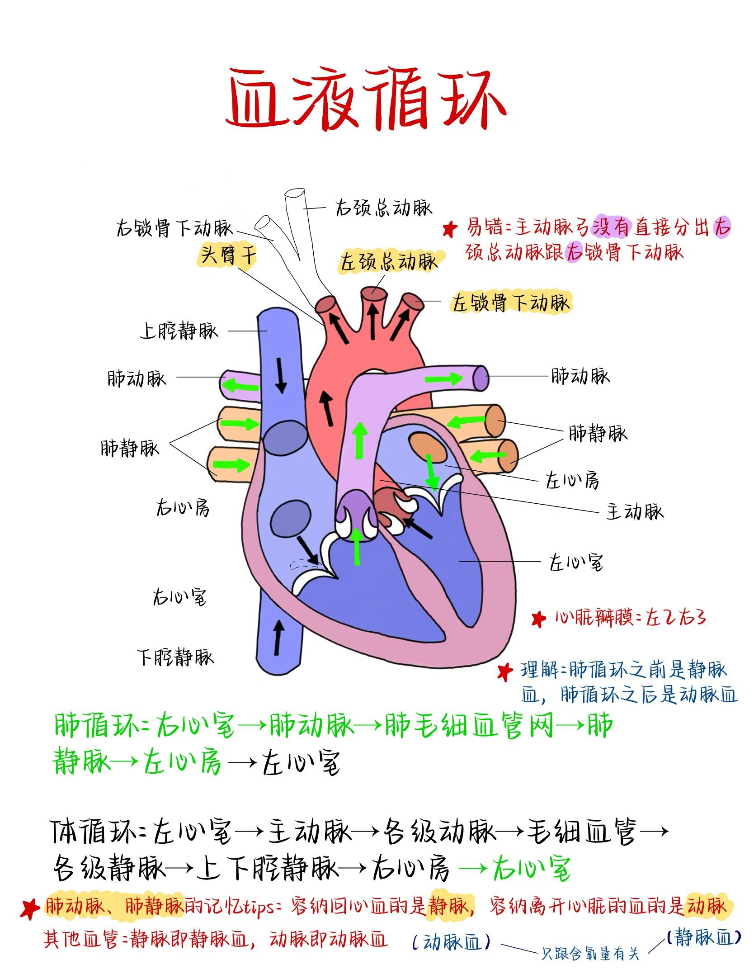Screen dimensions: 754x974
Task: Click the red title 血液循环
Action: pyautogui.click(x=365, y=98)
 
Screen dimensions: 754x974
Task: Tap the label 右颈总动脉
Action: pyautogui.click(x=384, y=208)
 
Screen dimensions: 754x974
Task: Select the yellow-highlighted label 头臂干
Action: pyautogui.click(x=228, y=255)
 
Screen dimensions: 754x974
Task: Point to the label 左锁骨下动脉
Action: pyautogui.click(x=511, y=302)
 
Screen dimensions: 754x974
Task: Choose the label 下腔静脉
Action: pyautogui.click(x=175, y=656)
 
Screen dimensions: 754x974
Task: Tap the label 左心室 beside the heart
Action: pyautogui.click(x=576, y=563)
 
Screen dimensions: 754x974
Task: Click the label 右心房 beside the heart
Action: pyautogui.click(x=183, y=508)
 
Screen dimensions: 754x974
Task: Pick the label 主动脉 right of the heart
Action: pyautogui.click(x=635, y=511)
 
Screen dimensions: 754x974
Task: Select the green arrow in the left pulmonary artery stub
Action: pyautogui.click(x=242, y=386)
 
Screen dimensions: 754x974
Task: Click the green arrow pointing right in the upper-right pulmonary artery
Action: pyautogui.click(x=444, y=378)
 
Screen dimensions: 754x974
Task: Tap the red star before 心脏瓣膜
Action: pyautogui.click(x=538, y=619)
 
